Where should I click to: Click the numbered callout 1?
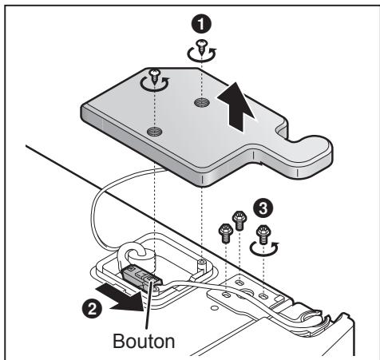[201, 25]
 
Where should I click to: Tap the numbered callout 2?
[92, 308]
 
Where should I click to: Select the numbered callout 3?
[263, 208]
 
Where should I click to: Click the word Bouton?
[144, 341]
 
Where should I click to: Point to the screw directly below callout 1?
[202, 46]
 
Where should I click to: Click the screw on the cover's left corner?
[154, 76]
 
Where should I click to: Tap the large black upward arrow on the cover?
[236, 106]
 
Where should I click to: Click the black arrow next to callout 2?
[121, 296]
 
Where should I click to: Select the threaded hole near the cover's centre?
[202, 102]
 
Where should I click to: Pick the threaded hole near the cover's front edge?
[155, 131]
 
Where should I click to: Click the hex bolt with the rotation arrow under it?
[263, 234]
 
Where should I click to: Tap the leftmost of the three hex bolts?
[226, 233]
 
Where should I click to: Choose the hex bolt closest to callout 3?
[239, 220]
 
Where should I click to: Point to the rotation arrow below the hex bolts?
[263, 250]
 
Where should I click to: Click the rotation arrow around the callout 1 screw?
[201, 54]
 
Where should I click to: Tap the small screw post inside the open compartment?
[202, 263]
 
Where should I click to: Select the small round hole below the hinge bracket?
[213, 308]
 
